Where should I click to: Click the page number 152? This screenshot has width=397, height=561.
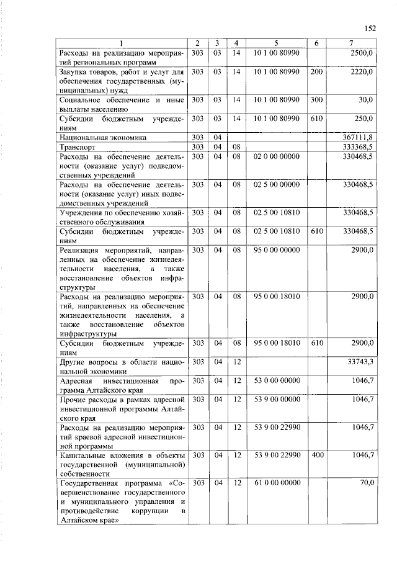tap(371, 28)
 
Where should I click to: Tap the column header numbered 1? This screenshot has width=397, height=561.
tap(122, 43)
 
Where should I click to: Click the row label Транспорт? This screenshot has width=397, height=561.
tap(78, 148)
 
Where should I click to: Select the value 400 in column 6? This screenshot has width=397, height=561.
tap(316, 455)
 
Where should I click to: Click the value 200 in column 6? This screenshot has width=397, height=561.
tap(316, 72)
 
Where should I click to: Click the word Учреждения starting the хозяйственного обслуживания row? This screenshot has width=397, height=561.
tap(83, 212)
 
